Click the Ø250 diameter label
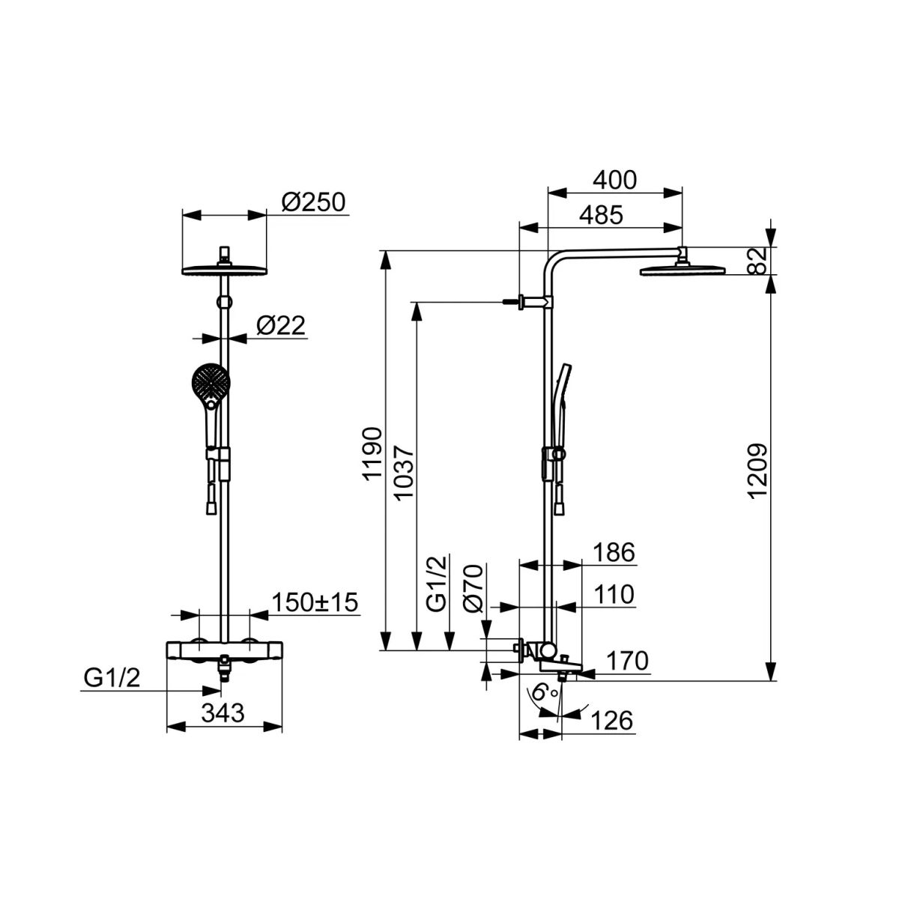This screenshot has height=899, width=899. (313, 202)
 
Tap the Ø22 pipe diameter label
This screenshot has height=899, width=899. (281, 325)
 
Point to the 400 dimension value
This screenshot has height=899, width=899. (614, 180)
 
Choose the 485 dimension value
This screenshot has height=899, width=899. (602, 215)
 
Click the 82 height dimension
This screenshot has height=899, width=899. (759, 261)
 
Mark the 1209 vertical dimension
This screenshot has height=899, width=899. (757, 472)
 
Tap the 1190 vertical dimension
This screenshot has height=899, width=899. (373, 454)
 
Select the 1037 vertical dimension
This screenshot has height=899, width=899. (404, 473)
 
